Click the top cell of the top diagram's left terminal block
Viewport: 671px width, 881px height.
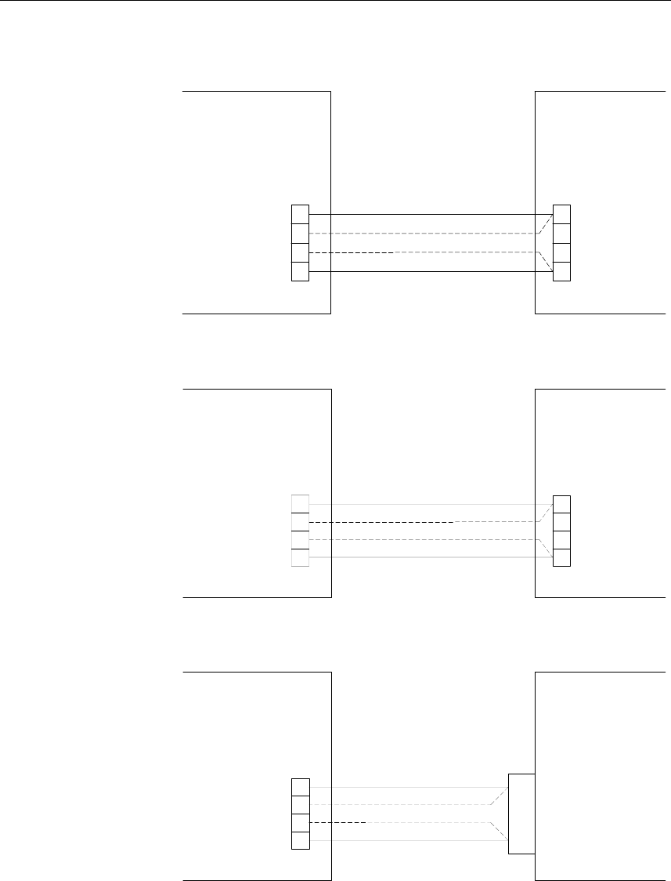coord(300,214)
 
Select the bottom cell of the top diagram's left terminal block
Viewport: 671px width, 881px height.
coord(300,272)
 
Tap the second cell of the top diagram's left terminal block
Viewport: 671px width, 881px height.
coord(300,234)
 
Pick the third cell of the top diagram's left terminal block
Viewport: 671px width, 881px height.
coord(300,253)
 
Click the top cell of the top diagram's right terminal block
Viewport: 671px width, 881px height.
coord(561,214)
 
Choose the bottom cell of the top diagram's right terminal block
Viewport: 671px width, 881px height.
coord(561,272)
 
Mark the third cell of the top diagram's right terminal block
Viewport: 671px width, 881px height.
coord(561,253)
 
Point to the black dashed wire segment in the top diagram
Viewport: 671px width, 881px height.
coord(352,253)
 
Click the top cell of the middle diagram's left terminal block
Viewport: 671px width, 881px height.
coord(300,504)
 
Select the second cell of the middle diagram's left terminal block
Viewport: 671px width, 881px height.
coord(300,522)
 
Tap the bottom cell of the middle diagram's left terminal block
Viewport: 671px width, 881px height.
coord(300,557)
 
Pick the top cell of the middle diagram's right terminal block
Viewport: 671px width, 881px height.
coord(561,504)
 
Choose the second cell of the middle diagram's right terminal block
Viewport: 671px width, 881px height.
coord(561,522)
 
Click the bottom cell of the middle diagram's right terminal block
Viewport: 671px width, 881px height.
coord(561,557)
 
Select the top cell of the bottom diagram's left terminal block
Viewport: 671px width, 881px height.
coord(300,786)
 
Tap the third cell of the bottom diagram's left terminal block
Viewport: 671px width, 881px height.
coord(300,823)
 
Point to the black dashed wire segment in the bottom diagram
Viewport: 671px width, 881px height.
coord(338,823)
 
